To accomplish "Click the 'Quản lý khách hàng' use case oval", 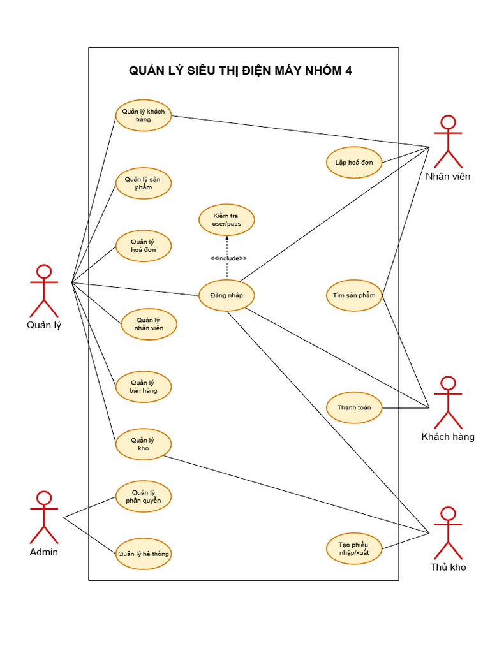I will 144,115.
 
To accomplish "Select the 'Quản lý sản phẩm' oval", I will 144,183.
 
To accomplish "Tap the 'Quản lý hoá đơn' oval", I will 144,246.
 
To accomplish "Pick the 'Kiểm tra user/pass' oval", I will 226,220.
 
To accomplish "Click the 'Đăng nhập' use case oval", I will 226,296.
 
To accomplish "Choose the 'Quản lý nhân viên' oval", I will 149,324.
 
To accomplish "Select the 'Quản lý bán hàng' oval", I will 144,386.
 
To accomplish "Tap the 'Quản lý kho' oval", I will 144,444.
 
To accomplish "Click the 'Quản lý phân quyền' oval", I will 144,497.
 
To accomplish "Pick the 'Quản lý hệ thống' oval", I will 144,554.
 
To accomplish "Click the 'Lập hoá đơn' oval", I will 354,162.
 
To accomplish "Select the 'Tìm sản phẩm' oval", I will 354,296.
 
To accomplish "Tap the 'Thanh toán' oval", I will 354,407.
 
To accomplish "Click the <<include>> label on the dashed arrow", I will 228,258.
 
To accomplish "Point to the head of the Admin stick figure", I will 43,498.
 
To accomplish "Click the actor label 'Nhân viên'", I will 448,177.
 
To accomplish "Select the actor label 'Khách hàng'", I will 448,437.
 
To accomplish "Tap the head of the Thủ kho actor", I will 449,513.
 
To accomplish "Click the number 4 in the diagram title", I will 348,71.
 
